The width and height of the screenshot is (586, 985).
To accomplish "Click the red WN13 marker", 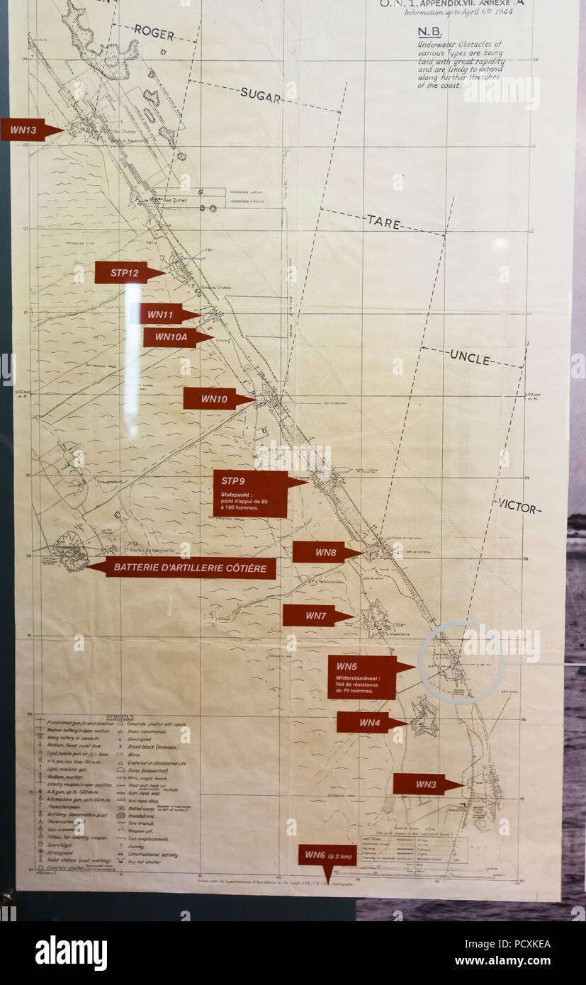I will coord(25,130).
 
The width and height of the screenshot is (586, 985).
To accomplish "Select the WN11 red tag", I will coord(161,314).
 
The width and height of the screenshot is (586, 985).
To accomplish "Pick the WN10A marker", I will coord(171,337).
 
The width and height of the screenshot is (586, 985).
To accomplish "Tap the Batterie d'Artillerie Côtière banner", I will coord(189,568).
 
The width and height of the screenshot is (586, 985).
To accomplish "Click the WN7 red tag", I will coord(313,616).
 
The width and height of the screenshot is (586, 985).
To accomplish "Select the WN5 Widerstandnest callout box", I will coord(362,677).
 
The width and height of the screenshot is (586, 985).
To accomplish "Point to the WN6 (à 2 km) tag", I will coord(327,857).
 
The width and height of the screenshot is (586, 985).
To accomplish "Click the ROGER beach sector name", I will coord(154,31).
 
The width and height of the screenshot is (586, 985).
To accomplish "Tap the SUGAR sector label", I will coord(260,94).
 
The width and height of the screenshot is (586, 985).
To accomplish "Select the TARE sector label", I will coord(383,222).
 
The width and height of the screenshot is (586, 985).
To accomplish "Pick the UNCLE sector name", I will coord(469,359).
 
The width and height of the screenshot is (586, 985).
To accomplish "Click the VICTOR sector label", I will coord(518,506).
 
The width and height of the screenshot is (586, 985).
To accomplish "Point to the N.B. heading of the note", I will coord(429,31).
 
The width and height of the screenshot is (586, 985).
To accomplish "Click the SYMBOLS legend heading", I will coord(119,717).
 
